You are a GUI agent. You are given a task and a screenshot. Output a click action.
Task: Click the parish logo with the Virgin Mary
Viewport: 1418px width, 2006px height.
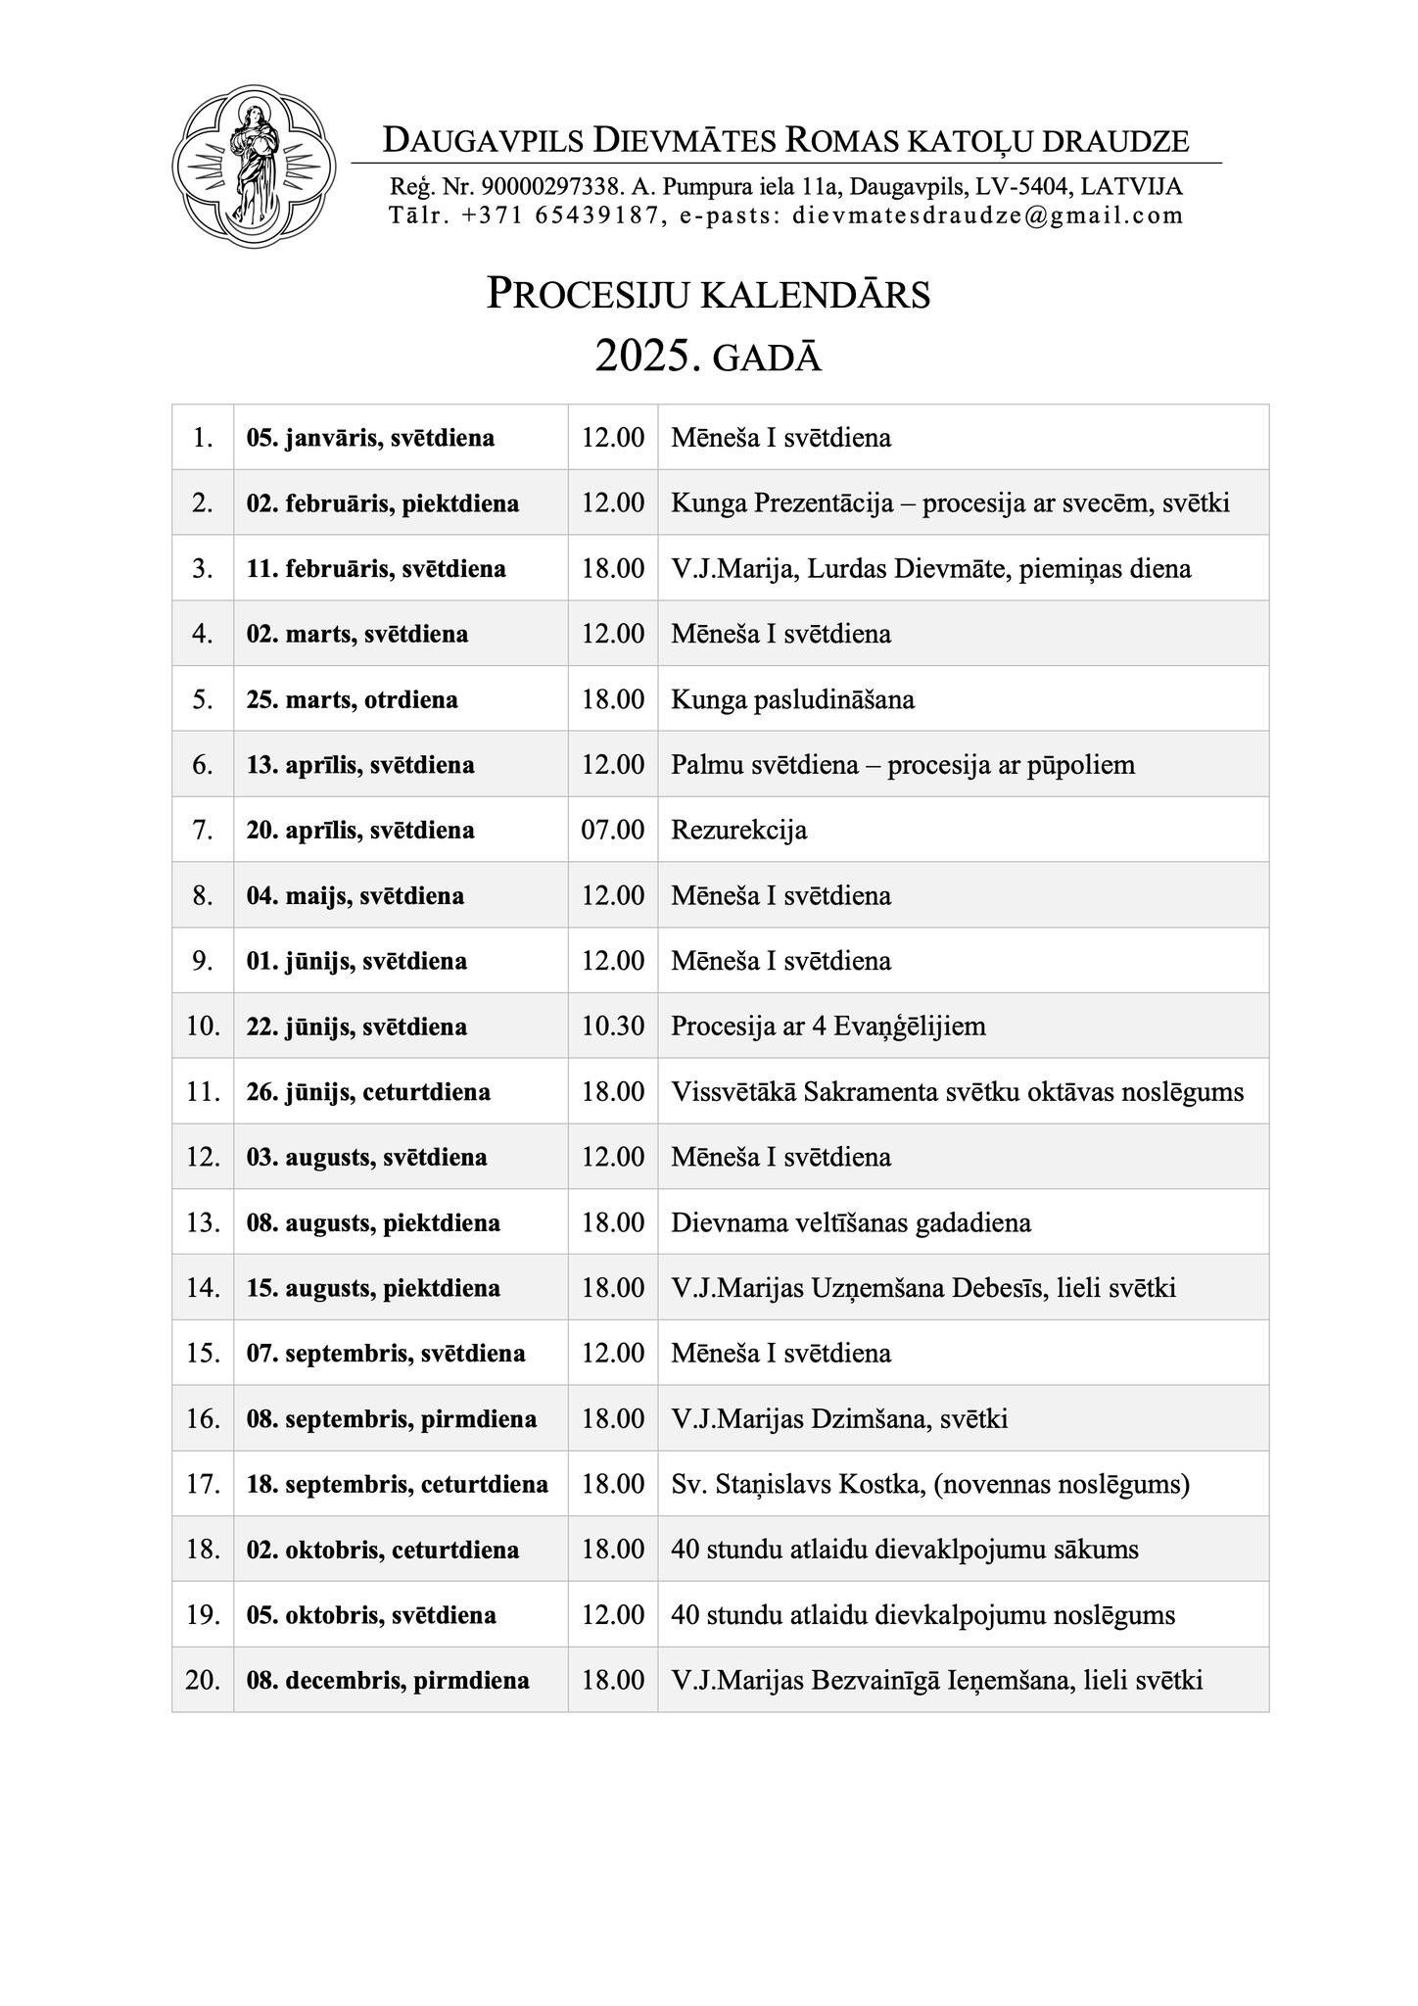coord(254,167)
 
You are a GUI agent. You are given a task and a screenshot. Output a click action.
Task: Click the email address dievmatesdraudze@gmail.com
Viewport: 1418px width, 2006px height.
coord(988,215)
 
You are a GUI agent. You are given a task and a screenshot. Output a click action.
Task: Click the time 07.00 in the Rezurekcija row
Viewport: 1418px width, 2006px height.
coord(613,831)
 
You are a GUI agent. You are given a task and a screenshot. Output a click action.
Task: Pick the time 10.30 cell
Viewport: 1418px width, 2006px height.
coord(613,1027)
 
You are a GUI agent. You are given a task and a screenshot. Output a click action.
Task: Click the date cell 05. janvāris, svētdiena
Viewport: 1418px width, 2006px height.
coord(370,438)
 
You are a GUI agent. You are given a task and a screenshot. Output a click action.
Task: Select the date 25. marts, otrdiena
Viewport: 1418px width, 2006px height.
coord(353,700)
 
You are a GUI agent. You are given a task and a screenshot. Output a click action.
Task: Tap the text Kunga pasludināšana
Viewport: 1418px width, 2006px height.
coord(792,700)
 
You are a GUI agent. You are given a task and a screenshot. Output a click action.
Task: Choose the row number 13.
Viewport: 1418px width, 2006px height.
coord(203,1223)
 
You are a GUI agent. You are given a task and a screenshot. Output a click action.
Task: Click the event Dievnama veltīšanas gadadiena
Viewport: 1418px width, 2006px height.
coord(851,1223)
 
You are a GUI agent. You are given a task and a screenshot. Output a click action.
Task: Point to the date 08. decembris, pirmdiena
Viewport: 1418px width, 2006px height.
coord(388,1681)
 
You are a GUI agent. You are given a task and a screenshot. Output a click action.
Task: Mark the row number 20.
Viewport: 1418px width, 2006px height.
coord(203,1681)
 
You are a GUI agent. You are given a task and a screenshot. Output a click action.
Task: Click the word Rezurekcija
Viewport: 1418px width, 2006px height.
coord(739,831)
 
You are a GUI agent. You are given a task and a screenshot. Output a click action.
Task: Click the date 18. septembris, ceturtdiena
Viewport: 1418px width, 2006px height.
coord(398,1485)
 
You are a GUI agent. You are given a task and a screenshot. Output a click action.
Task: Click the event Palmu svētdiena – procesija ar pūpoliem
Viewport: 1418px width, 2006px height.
coord(903,765)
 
